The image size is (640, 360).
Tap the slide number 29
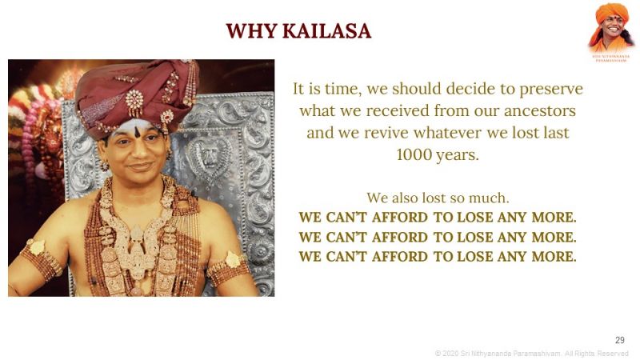pyautogui.click(x=619, y=340)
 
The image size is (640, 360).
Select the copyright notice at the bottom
pyautogui.click(x=531, y=353)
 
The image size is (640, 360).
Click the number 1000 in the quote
pyautogui.click(x=415, y=154)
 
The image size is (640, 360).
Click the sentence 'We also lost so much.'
pyautogui.click(x=438, y=197)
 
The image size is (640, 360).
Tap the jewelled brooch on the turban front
pyautogui.click(x=134, y=102)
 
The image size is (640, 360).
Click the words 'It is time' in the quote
pyautogui.click(x=324, y=88)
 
